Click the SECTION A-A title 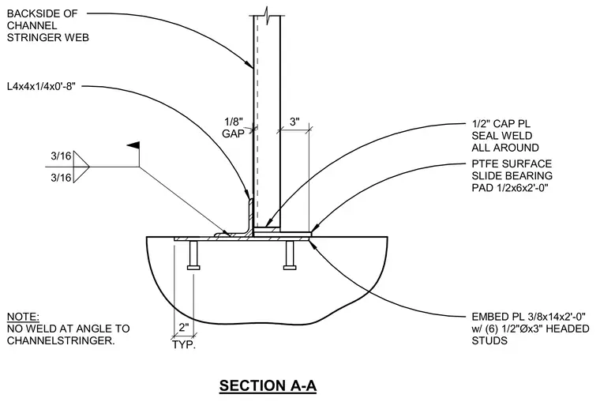coord(268,385)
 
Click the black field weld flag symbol coord(133,145)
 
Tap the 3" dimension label coord(294,122)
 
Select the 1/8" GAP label coord(234,127)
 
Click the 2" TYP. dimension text coord(184,336)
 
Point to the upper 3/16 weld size coord(62,156)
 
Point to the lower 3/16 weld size coord(62,178)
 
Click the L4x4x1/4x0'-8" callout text coord(41,86)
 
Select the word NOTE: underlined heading coord(23,317)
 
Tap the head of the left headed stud coord(193,267)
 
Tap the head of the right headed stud coord(290,267)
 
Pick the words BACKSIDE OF coord(42,13)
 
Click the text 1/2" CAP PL coord(501,124)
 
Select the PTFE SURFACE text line coord(512,163)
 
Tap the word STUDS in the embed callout coord(489,340)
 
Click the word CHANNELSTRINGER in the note coord(61,340)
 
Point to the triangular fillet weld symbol coord(81,167)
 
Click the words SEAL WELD coord(501,136)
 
